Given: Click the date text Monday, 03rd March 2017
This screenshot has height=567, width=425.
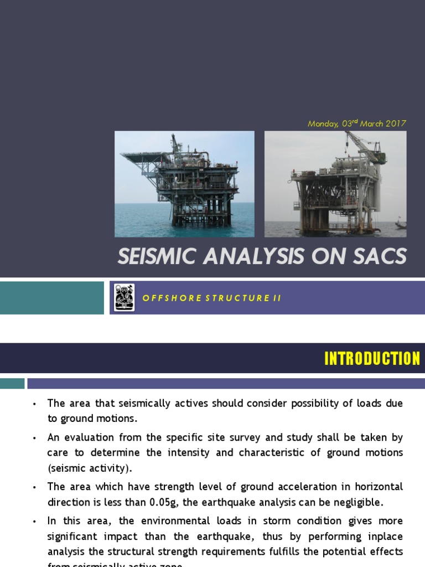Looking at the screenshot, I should point(356,123).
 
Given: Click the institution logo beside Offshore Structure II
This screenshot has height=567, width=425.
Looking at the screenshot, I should point(125,297).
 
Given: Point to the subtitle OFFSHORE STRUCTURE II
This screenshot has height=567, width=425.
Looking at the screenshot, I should point(212,298).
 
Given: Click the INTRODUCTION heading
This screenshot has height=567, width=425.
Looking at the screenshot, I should point(372,359).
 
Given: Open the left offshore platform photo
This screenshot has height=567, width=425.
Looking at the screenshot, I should point(184,184).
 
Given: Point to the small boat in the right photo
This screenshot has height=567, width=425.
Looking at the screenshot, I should point(401,224).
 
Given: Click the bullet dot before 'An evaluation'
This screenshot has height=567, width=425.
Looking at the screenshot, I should point(34,438).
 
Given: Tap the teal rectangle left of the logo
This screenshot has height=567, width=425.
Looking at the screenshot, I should point(51,298).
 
